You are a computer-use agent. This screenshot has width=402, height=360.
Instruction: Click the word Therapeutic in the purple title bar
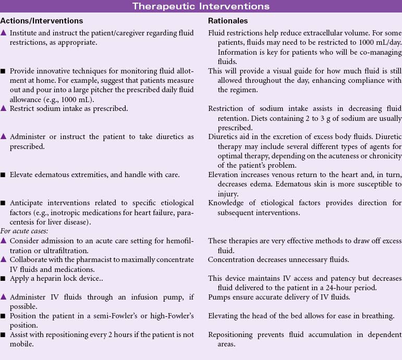[163, 7]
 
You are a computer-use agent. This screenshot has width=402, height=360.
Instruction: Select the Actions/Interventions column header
[42, 21]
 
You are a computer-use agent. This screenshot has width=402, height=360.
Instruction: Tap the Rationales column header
[228, 21]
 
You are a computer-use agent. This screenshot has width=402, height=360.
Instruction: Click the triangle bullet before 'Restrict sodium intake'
[4, 108]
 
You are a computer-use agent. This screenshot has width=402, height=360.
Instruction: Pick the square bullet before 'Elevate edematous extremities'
[4, 175]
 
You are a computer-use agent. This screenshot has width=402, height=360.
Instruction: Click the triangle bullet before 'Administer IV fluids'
[4, 297]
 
